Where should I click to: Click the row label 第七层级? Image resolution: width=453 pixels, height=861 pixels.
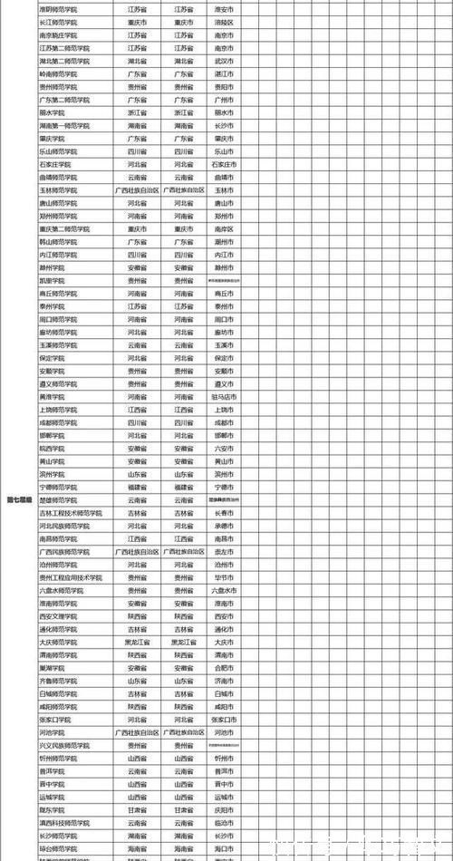[x=19, y=499]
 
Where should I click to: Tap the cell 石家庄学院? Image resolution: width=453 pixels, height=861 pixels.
[x=55, y=165]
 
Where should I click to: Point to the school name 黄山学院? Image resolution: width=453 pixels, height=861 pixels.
[x=52, y=460]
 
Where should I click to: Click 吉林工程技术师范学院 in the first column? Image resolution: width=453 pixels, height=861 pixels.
[x=71, y=512]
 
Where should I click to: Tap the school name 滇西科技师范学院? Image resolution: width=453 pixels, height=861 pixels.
[x=64, y=822]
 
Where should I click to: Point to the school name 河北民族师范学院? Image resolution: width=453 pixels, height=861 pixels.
[x=64, y=525]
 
